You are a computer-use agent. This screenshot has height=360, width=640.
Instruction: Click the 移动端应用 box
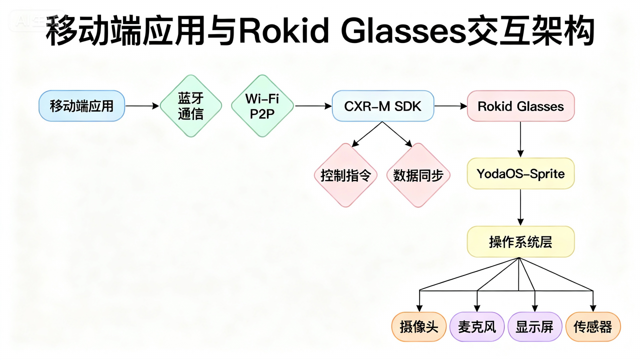(81, 106)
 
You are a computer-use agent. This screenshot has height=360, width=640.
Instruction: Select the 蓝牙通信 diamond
(190, 106)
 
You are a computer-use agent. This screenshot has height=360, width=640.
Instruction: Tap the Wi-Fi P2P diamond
(262, 106)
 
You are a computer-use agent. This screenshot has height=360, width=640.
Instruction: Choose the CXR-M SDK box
(383, 106)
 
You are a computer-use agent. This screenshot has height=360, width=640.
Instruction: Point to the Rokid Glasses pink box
(520, 106)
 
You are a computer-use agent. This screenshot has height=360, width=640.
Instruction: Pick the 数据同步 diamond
(418, 175)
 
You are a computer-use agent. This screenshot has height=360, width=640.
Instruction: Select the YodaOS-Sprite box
(520, 174)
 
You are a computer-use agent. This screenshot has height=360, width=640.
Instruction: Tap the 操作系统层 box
(520, 242)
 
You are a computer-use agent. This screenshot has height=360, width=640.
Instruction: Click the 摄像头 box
(418, 327)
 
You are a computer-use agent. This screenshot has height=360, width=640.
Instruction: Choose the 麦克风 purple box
(477, 327)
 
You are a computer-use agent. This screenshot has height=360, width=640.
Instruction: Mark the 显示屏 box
(535, 327)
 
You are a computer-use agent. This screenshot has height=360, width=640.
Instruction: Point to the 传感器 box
(593, 327)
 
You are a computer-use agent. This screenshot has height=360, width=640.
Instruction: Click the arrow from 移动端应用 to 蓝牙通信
(141, 106)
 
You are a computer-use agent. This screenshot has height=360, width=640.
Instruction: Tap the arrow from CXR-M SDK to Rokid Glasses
(450, 106)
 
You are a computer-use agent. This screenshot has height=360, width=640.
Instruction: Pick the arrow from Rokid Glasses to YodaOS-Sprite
(520, 139)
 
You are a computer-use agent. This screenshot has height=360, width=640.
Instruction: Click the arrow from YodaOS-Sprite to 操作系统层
(520, 207)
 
